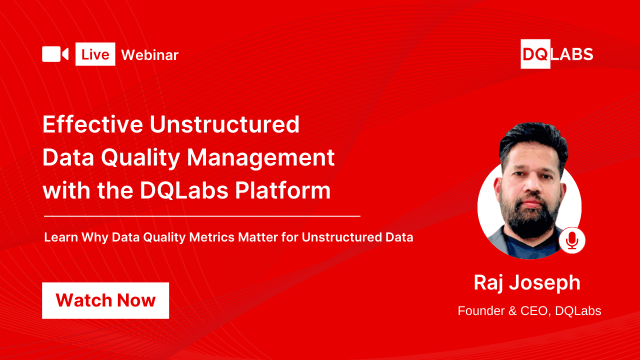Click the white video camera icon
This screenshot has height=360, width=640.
pos(55,54)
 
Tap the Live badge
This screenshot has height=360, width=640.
pos(95,54)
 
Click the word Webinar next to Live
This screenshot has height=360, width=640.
pos(150,55)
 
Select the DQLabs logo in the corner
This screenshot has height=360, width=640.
pos(556,54)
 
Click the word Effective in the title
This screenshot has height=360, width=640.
pos(92,124)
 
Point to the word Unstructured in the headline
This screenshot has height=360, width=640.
pos(224,124)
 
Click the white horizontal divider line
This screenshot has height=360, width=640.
pos(202,216)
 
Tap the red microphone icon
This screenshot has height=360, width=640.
pos(572,240)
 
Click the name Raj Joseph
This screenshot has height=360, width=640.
pos(527,283)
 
